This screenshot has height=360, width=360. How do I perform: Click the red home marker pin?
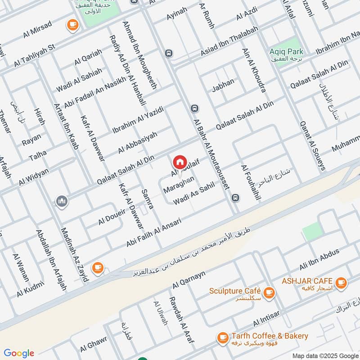point(180,162)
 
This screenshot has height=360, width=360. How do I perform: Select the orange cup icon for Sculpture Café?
point(269,292)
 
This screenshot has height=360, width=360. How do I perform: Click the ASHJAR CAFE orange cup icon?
point(341,282)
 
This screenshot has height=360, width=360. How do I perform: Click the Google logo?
point(19,353)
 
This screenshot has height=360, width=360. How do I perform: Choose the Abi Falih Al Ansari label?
point(154,233)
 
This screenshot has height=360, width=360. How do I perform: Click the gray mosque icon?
point(62,201)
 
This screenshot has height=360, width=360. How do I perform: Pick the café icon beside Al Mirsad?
point(72,26)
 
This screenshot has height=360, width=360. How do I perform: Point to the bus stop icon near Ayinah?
point(169,53)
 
